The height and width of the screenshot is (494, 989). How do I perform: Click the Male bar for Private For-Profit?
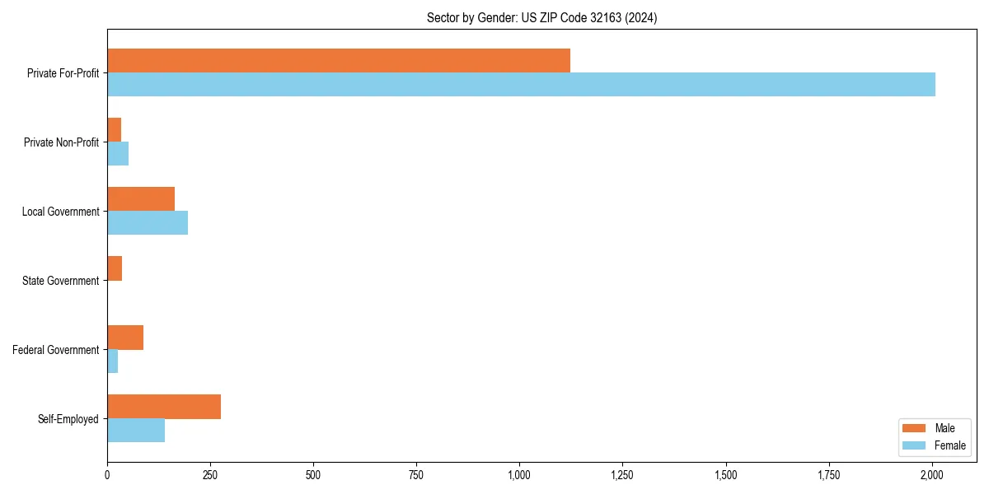[x=338, y=61]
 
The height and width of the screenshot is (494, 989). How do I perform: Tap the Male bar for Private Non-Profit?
[x=115, y=130]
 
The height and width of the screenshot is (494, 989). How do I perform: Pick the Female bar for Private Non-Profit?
[x=118, y=154]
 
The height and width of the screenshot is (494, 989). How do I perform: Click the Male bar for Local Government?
[x=141, y=199]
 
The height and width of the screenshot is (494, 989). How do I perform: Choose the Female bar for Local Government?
[x=148, y=223]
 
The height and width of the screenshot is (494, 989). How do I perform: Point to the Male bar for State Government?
[x=115, y=268]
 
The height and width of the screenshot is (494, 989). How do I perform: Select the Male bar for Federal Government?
[x=125, y=338]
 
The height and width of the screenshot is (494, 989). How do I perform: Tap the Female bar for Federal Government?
[x=113, y=361]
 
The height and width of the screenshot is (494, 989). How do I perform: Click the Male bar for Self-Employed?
[x=164, y=407]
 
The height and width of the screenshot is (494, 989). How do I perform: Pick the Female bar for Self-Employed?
[x=136, y=431]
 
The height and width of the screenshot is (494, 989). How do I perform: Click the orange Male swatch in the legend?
[x=915, y=428]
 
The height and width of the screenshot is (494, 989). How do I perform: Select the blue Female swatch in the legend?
[x=915, y=445]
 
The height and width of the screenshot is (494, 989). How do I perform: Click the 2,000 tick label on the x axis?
[x=931, y=474]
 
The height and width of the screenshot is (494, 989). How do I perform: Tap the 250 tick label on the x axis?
[x=210, y=474]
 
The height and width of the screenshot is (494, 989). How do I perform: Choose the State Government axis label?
[x=60, y=281]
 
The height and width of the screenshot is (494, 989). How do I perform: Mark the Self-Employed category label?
[x=68, y=419]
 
